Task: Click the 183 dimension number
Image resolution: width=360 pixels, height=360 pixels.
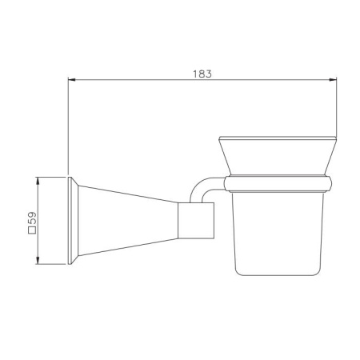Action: (x=202, y=74)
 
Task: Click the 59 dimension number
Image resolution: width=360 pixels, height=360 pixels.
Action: (x=32, y=218)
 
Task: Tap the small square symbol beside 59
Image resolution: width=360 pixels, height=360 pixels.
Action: (x=32, y=230)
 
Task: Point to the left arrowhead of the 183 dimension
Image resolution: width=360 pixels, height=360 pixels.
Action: (x=72, y=79)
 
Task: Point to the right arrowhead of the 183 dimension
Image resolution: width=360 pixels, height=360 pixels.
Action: (x=333, y=79)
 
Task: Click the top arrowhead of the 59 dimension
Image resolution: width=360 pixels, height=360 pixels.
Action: (x=38, y=181)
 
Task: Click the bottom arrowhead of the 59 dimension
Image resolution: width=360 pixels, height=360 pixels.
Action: (x=38, y=260)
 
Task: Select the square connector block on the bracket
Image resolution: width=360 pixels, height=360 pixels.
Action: (x=196, y=221)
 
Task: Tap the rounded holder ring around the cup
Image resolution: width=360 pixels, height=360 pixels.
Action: (x=278, y=184)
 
